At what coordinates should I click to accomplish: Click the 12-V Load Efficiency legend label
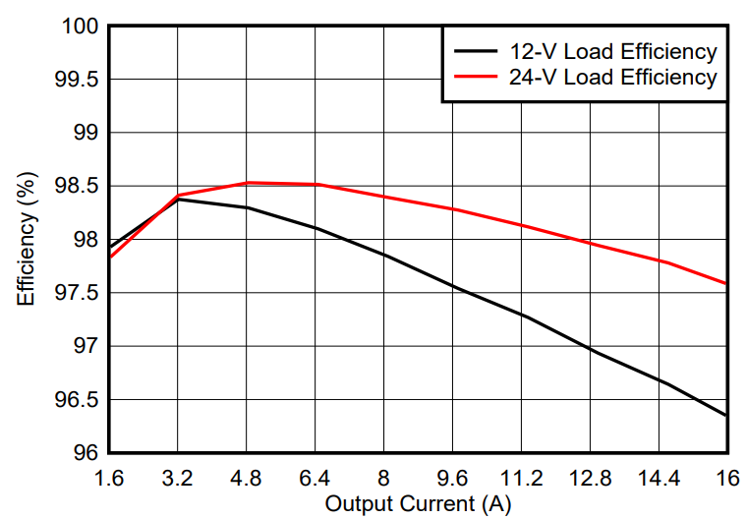(612, 52)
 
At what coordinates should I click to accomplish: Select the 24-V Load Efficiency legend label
(612, 78)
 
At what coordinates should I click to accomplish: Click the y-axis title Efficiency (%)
(27, 238)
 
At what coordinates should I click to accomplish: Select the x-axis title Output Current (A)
(418, 504)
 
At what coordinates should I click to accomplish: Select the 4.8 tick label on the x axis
(246, 479)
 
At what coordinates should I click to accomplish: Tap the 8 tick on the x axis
(383, 479)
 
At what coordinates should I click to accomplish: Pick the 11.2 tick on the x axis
(521, 479)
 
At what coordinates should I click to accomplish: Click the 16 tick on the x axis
(727, 479)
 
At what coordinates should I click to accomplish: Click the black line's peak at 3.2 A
(178, 200)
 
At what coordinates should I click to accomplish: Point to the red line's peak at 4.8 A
(247, 182)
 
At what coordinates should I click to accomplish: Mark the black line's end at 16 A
(726, 416)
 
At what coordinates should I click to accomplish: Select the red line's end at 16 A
(726, 284)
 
